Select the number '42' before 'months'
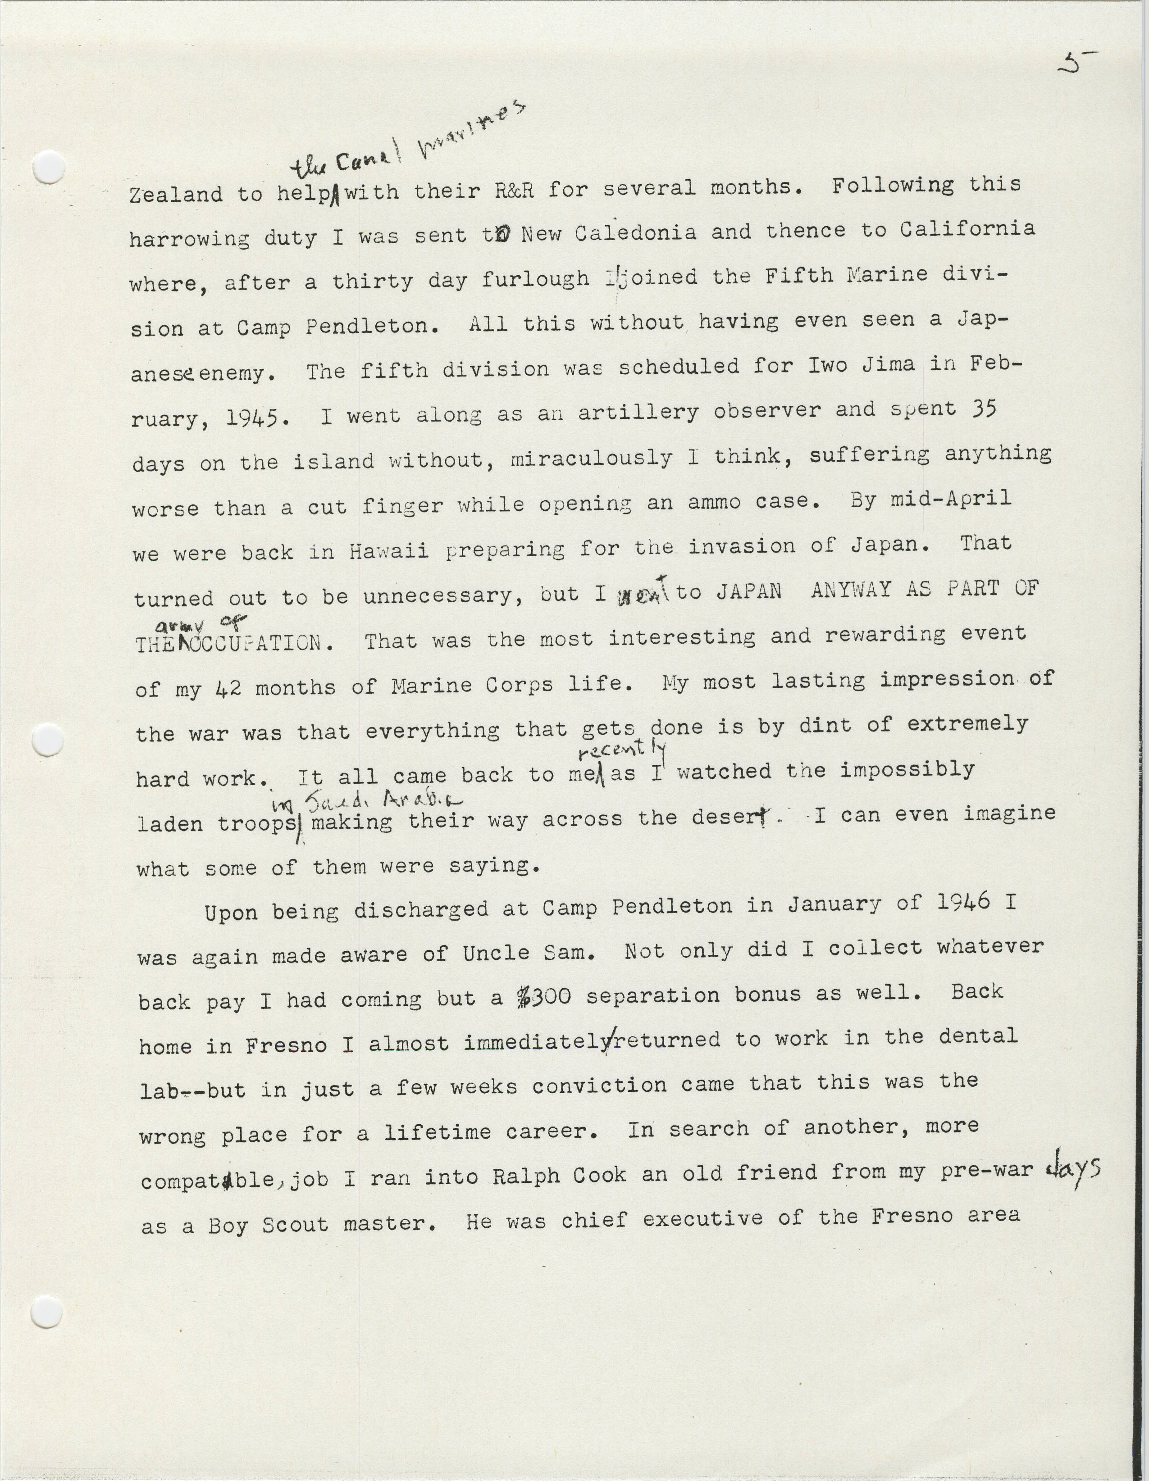tap(228, 689)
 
